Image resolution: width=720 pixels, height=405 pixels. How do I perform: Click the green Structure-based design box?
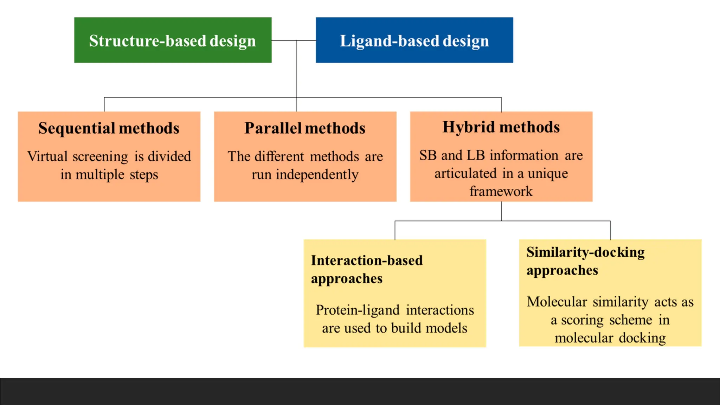[x=173, y=40]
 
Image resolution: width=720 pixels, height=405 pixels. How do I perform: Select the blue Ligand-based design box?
[x=414, y=40]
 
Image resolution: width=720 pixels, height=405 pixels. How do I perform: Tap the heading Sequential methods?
[x=109, y=128]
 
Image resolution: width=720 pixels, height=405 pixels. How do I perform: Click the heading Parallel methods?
[x=305, y=128]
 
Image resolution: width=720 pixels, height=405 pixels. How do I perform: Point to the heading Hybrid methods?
[x=501, y=127]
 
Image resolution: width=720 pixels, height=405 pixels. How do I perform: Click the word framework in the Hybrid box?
[x=501, y=191]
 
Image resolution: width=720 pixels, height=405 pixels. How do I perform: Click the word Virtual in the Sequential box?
[x=47, y=156]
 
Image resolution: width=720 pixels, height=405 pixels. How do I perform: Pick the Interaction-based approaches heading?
[x=367, y=269]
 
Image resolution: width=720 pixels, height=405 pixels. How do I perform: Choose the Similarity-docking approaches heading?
[x=585, y=261]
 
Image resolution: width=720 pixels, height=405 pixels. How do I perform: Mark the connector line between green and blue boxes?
[x=294, y=40]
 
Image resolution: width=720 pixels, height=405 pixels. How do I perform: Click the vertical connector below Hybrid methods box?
[x=501, y=211]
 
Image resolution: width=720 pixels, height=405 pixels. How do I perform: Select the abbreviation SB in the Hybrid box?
[x=427, y=155]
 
